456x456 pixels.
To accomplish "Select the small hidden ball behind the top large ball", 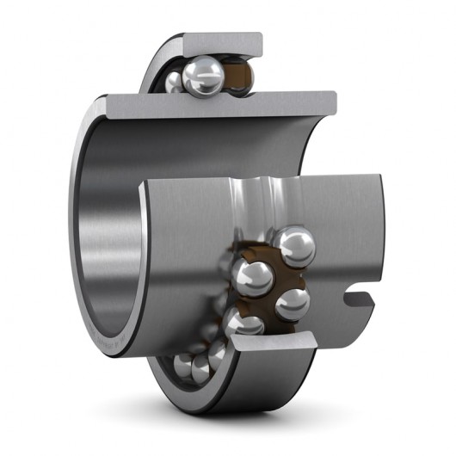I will tap(176, 82).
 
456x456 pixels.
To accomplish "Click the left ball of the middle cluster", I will tap(252, 277).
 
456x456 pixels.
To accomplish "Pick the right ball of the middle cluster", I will tap(292, 303).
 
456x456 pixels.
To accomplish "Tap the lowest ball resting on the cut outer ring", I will tap(243, 325).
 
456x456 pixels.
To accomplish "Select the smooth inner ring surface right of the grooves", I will tap(336, 224).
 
